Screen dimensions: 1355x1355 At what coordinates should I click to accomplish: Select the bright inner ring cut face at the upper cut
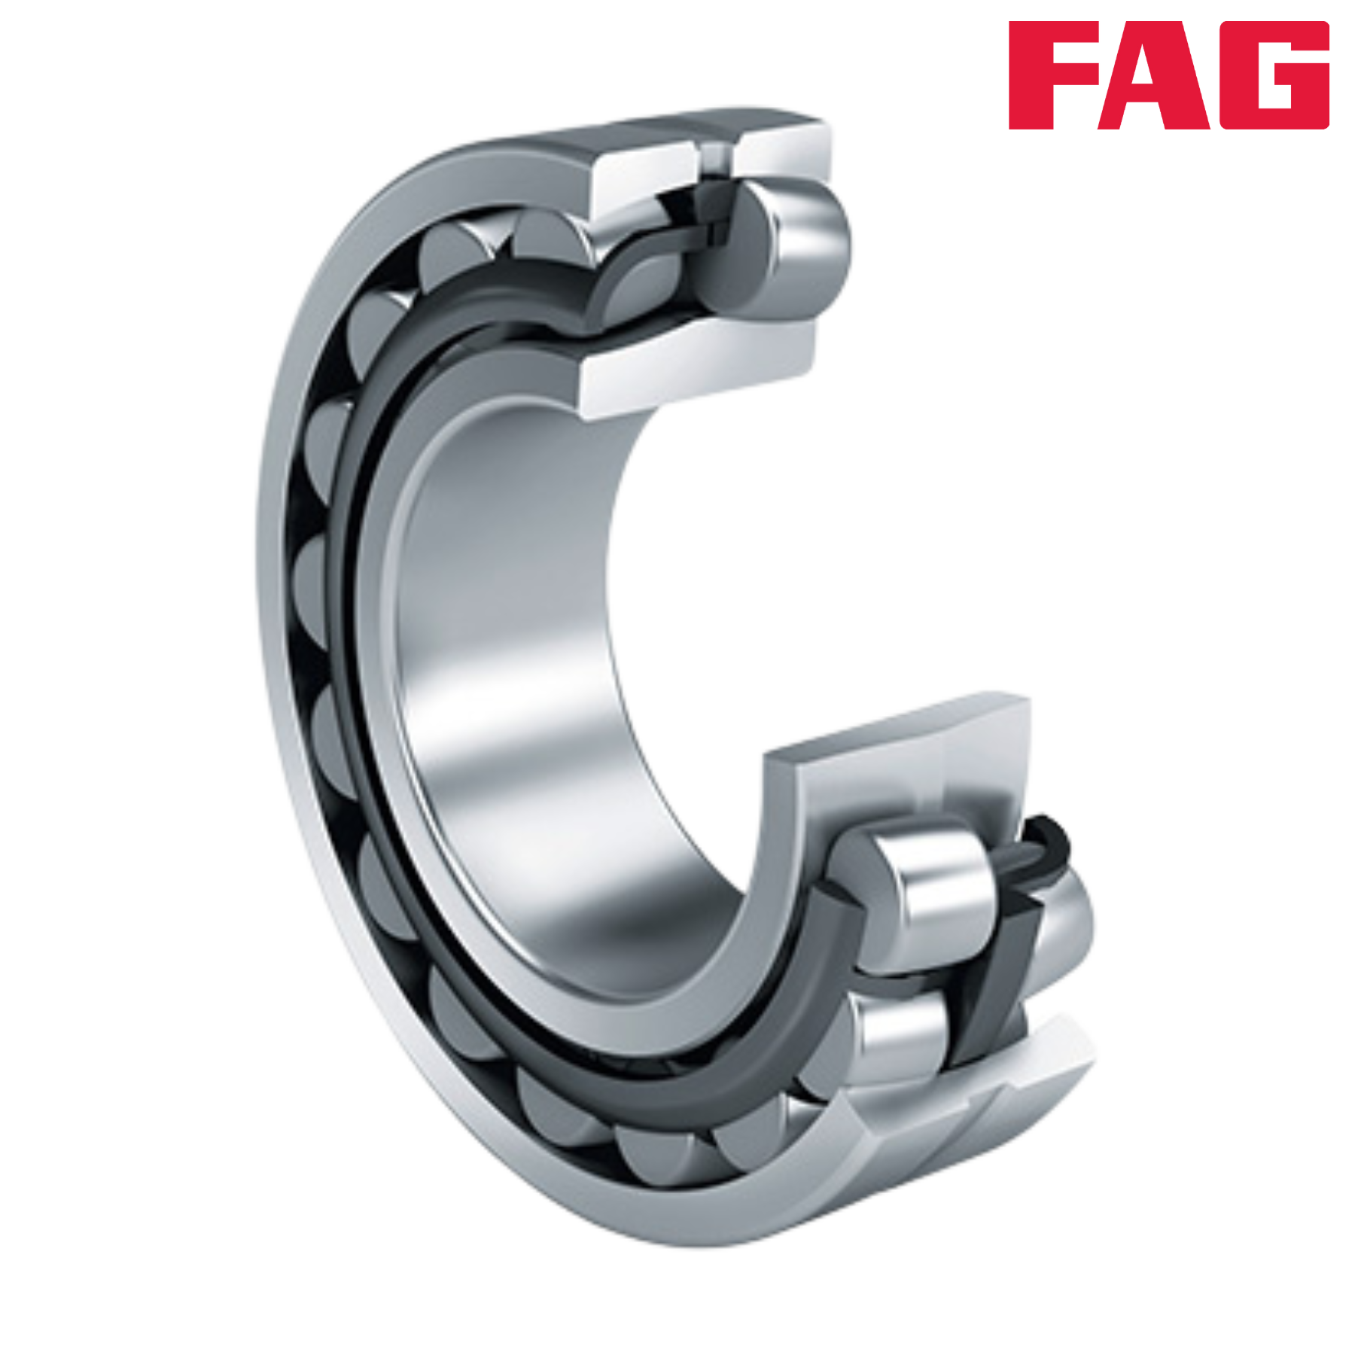coord(700,369)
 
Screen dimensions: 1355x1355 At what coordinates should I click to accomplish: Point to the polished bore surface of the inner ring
coord(512,640)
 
